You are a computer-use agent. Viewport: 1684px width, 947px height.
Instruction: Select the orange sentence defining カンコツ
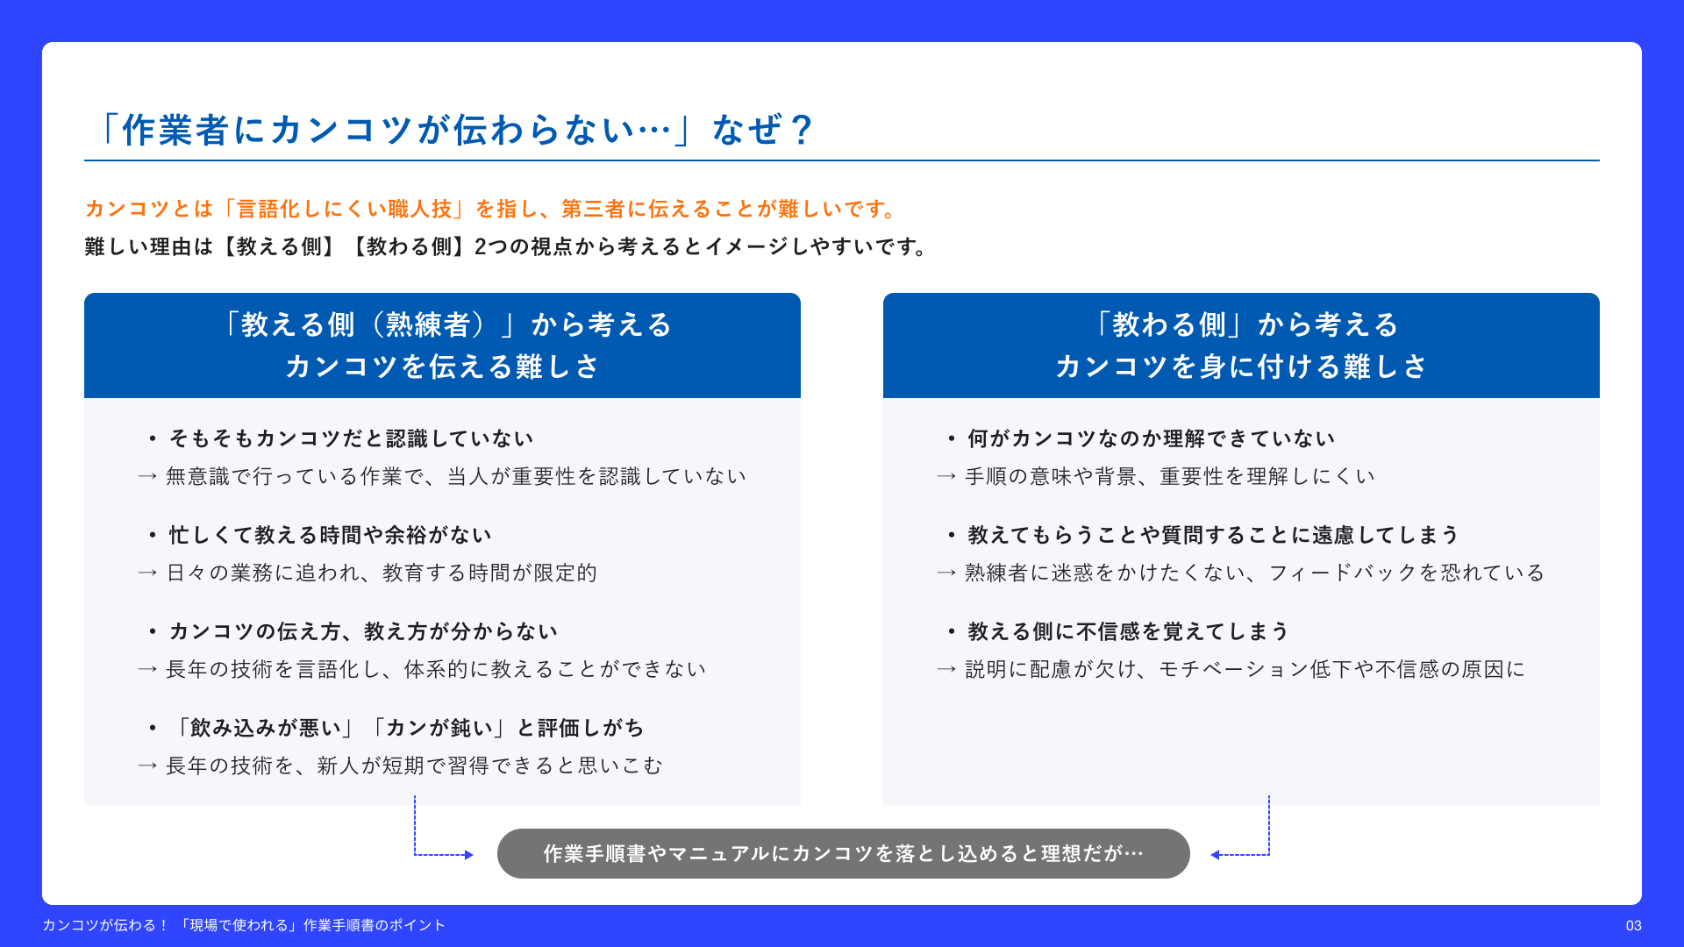pyautogui.click(x=491, y=209)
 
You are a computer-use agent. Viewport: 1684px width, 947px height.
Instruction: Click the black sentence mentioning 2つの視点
pyautogui.click(x=506, y=246)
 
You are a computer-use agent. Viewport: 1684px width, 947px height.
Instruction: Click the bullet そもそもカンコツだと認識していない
pyautogui.click(x=342, y=438)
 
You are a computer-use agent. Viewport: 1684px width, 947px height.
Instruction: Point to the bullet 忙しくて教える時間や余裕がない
pyautogui.click(x=321, y=535)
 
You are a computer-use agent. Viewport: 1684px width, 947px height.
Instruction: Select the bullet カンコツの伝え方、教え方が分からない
pyautogui.click(x=353, y=631)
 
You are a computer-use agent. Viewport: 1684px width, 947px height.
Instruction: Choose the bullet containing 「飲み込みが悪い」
pyautogui.click(x=396, y=728)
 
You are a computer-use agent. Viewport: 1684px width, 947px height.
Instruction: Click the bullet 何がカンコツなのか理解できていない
pyautogui.click(x=1141, y=438)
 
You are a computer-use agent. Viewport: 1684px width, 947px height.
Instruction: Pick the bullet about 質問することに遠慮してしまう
pyautogui.click(x=1202, y=535)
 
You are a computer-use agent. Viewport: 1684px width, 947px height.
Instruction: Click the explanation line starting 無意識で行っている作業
pyautogui.click(x=442, y=476)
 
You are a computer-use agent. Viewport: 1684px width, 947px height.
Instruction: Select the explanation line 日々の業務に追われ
pyautogui.click(x=367, y=573)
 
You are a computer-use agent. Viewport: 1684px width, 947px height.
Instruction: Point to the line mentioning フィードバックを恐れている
pyautogui.click(x=1240, y=573)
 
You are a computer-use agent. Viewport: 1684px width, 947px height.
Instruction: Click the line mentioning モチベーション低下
pyautogui.click(x=1231, y=669)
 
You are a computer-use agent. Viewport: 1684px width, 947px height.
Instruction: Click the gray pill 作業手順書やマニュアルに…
pyautogui.click(x=844, y=853)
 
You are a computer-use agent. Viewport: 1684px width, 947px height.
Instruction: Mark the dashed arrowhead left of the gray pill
pyautogui.click(x=469, y=855)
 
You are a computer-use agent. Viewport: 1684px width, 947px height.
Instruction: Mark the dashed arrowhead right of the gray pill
pyautogui.click(x=1215, y=855)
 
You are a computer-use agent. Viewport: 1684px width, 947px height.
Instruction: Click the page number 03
pyautogui.click(x=1633, y=926)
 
